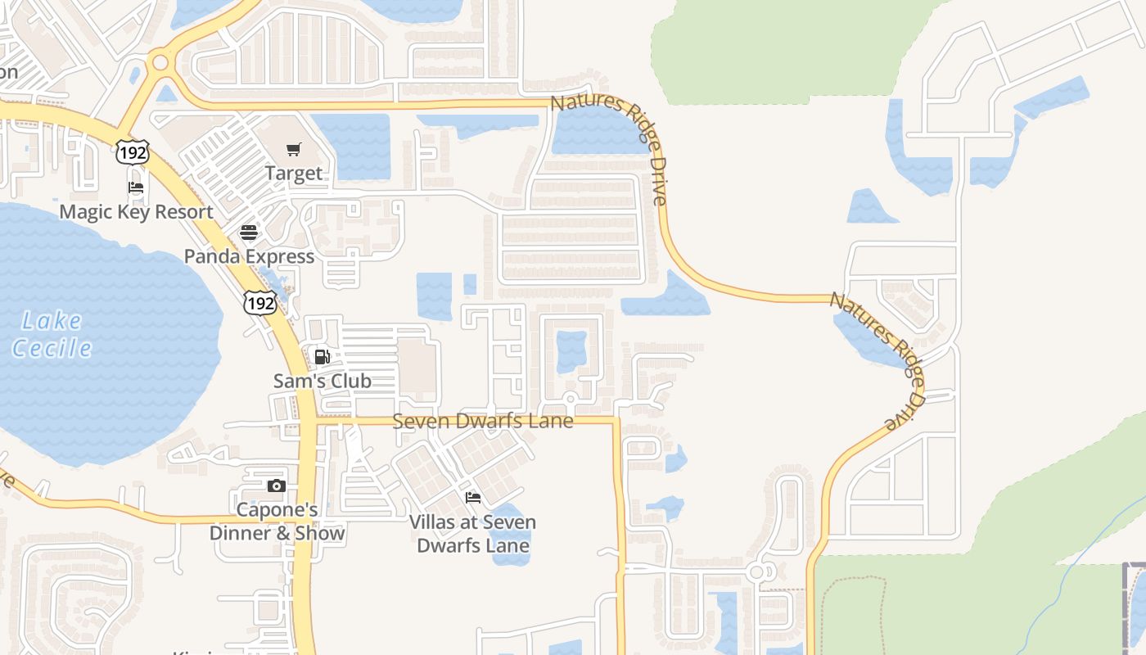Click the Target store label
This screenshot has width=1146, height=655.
294,174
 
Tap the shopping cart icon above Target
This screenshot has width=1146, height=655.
294,149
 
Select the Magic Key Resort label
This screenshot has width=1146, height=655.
136,212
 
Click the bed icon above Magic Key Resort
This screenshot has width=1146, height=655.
136,187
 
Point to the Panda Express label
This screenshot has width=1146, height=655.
249,256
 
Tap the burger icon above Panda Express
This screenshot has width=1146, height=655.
249,232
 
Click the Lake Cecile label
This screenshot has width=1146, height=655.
52,334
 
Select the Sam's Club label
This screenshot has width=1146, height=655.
322,381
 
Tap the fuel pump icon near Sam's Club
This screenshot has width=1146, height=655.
322,356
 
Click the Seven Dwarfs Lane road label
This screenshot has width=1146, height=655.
483,421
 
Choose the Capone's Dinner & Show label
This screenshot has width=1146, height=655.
277,522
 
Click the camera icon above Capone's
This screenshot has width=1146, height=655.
277,486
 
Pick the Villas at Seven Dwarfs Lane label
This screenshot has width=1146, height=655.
472,534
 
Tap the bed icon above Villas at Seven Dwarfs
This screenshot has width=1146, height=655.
472,497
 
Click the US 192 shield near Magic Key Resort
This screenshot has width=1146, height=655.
132,151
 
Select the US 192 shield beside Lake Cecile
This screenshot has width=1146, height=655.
259,300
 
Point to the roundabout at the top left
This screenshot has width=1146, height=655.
160,62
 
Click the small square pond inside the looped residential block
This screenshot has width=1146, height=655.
571,351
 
